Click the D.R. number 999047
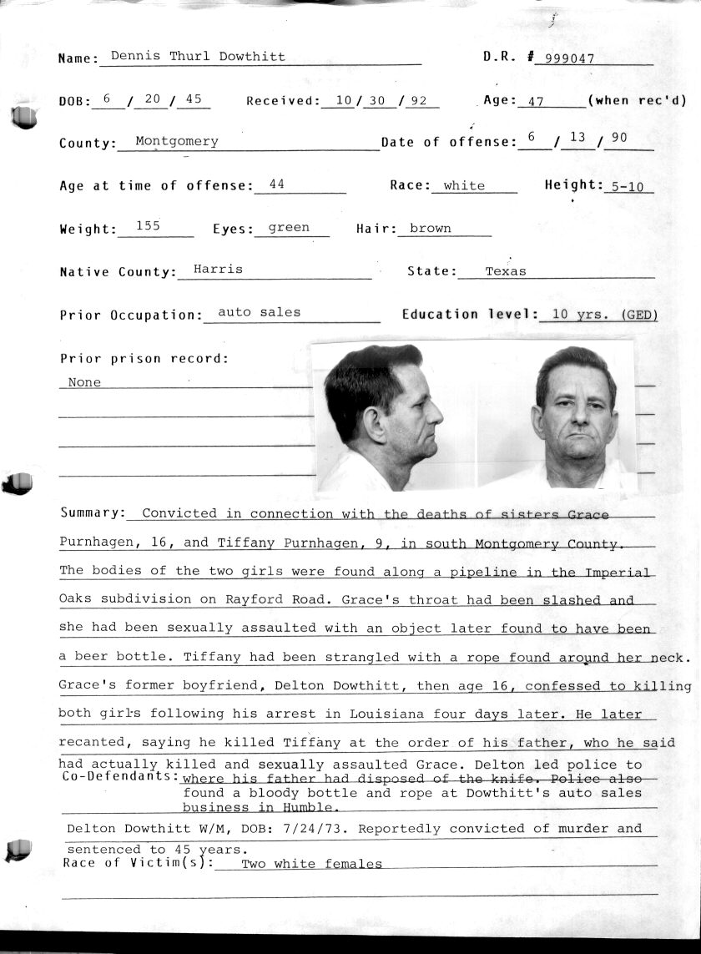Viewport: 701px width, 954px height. (564, 58)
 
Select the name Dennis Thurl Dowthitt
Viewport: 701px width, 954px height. (198, 57)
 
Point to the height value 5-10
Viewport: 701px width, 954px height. (627, 187)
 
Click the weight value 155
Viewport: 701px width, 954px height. (148, 225)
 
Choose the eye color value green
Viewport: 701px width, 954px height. (289, 227)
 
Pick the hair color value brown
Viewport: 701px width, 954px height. (431, 228)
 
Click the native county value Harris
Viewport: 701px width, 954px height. (218, 269)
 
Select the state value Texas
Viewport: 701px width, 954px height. (506, 271)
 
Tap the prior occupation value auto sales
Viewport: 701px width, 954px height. (259, 312)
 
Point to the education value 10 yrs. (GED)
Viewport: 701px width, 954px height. (598, 315)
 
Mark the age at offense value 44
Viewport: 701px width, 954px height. (277, 184)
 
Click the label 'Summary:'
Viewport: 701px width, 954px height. (93, 512)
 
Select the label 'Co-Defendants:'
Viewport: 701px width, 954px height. (120, 776)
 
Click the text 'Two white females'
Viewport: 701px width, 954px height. (311, 864)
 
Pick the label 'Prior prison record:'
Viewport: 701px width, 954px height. (144, 359)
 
